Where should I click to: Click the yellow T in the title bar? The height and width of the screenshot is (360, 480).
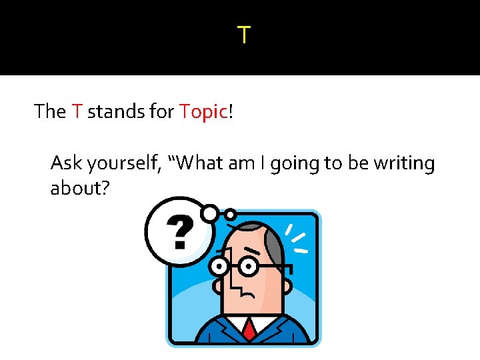click(x=244, y=35)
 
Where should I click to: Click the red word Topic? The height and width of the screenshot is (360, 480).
click(x=203, y=111)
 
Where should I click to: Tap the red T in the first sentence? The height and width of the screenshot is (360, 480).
click(x=76, y=111)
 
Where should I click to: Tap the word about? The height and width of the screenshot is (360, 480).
click(x=75, y=189)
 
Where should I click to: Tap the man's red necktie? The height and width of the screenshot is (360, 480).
click(x=249, y=329)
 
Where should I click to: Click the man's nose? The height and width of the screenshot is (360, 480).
click(x=235, y=280)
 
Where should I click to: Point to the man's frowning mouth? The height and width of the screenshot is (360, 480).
click(x=248, y=293)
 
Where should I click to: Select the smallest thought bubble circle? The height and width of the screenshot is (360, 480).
click(x=230, y=215)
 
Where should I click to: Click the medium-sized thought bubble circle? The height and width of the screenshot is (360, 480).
click(x=211, y=213)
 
